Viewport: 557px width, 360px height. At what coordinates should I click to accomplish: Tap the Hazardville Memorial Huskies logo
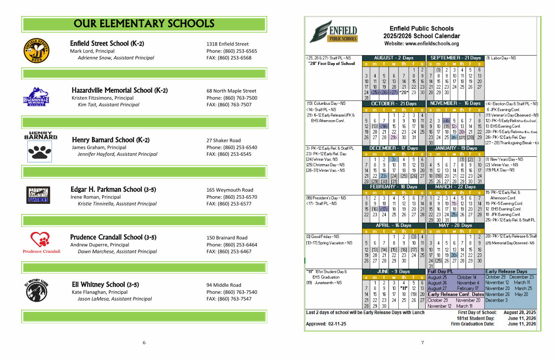[36, 96]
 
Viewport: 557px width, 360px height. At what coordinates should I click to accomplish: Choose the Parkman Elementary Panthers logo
[38, 195]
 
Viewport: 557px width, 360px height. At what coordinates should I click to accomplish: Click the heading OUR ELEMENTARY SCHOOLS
[144, 24]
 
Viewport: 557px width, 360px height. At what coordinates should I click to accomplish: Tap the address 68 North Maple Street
[231, 91]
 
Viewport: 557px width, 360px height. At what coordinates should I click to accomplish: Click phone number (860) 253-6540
[232, 148]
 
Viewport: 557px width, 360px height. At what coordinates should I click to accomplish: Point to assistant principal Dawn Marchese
[117, 251]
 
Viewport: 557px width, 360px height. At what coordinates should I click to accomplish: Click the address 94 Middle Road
[224, 285]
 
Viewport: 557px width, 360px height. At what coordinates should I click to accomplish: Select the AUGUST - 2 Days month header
[394, 58]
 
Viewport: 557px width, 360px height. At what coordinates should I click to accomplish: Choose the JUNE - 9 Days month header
[394, 271]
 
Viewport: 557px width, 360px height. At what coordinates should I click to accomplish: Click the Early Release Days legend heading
[506, 271]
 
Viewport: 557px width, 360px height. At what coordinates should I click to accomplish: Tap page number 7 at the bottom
[422, 343]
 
